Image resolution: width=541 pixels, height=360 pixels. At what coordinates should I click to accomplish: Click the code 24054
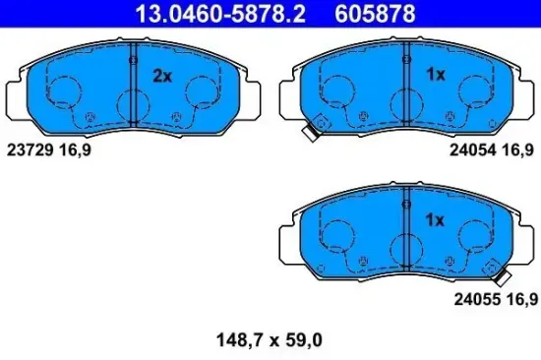tap(472, 150)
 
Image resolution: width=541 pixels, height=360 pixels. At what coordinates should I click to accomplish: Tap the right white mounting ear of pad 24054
tap(526, 95)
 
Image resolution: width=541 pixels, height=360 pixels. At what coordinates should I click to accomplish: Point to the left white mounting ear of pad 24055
tap(288, 240)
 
